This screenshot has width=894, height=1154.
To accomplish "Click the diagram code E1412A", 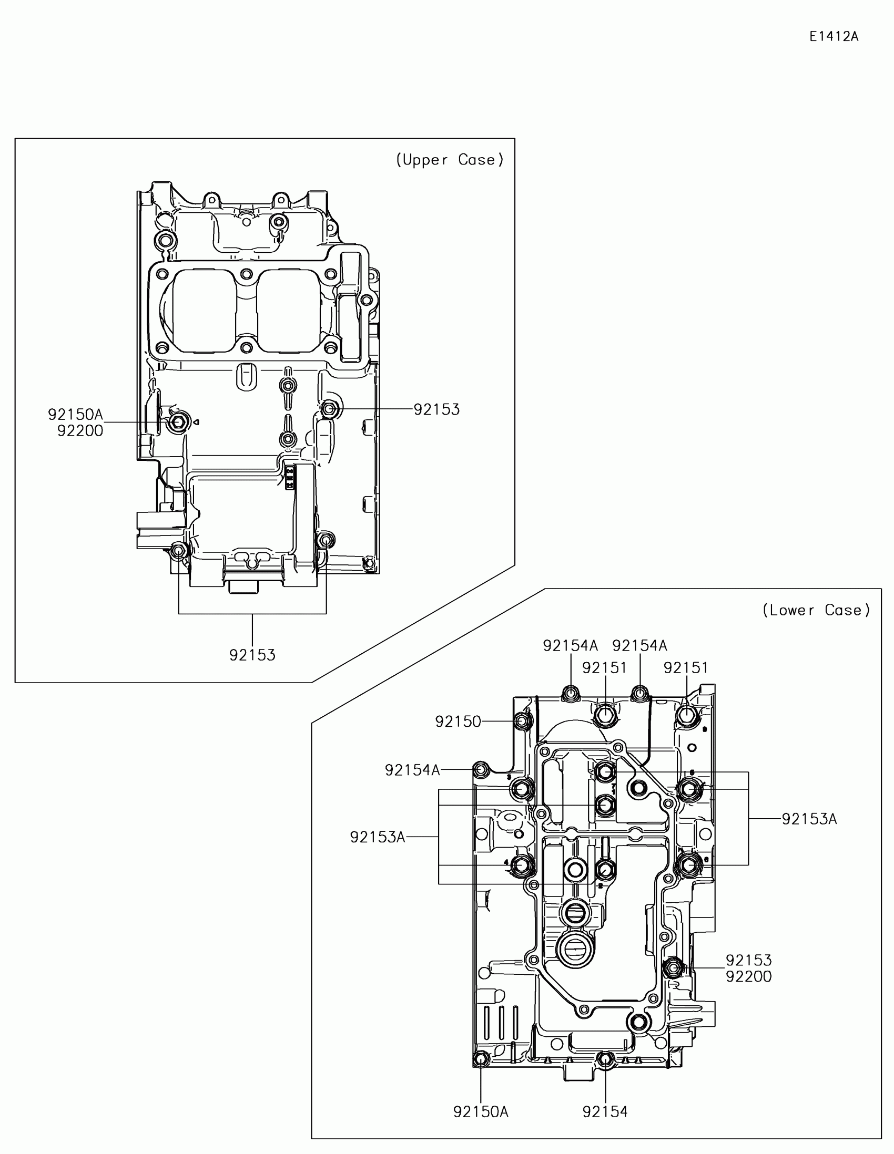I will click(834, 36).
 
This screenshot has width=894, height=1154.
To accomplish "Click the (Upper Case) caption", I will click(450, 160).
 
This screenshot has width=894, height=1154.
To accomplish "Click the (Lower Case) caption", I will click(816, 610).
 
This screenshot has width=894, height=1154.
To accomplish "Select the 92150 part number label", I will click(458, 722).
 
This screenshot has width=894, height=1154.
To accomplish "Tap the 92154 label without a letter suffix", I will click(605, 1112).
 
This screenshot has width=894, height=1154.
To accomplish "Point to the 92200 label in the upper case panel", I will click(80, 431).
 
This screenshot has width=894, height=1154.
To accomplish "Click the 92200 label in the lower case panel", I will click(748, 976).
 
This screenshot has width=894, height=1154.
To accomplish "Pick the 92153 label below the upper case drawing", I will click(252, 655).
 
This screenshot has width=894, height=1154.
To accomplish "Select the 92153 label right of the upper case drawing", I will click(436, 409).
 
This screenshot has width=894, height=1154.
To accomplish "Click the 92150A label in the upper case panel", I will click(76, 415).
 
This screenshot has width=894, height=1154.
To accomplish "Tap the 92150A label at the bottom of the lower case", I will click(481, 1112).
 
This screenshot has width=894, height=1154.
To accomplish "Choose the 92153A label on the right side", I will click(809, 819).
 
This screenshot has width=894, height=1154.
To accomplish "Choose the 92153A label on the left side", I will click(378, 837).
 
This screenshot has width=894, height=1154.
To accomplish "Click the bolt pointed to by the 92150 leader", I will click(523, 720).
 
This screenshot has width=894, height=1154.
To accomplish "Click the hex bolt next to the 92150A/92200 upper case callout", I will click(176, 421).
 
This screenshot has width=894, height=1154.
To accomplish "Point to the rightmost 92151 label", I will click(686, 668).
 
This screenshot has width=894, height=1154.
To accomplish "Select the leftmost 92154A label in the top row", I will click(570, 646).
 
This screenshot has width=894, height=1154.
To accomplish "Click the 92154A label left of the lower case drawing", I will click(412, 770).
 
